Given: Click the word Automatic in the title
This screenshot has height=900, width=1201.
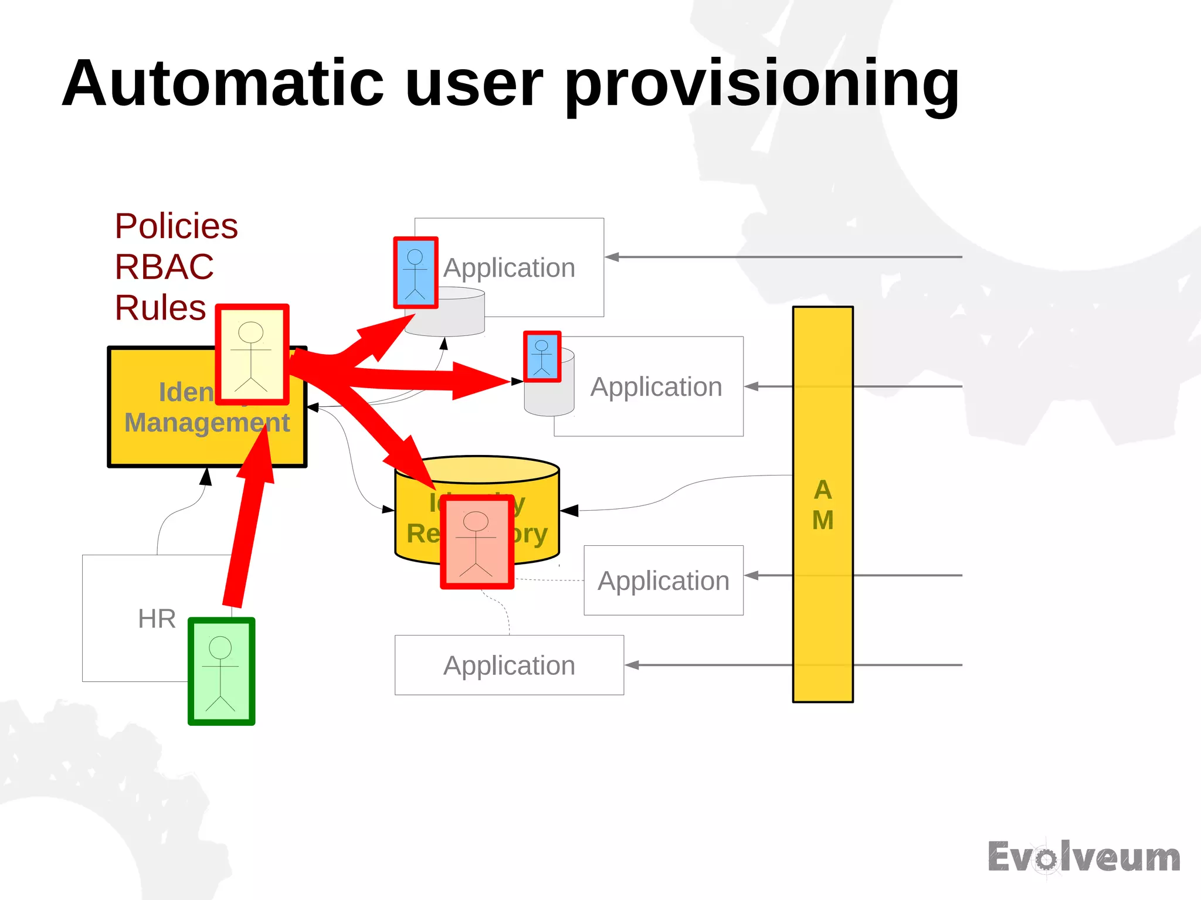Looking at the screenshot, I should click(x=223, y=83).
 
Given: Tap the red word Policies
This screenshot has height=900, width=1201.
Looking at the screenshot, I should click(x=176, y=226).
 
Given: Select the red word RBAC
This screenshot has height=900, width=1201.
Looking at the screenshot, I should click(x=164, y=267).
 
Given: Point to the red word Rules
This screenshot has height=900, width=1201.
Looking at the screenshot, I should click(x=160, y=308).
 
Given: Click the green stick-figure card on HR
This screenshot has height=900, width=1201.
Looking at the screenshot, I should click(x=221, y=671).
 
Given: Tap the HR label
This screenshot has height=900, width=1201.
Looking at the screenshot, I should click(x=157, y=619).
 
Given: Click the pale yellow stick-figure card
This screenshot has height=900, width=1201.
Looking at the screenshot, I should click(x=252, y=354).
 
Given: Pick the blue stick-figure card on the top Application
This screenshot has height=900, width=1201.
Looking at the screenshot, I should click(x=416, y=273).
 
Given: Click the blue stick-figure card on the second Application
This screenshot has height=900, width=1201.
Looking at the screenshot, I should click(x=542, y=356).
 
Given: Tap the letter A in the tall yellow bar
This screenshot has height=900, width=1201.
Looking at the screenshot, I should click(x=823, y=490).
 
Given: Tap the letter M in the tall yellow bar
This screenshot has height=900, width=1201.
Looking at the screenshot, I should click(x=823, y=520).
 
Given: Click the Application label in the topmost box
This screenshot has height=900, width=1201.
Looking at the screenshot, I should click(x=509, y=268).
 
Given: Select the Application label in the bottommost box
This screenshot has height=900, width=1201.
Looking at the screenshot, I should click(x=509, y=665).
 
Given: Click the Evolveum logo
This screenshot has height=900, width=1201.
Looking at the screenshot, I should click(x=1084, y=858).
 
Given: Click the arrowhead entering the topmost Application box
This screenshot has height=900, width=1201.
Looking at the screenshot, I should click(x=612, y=257).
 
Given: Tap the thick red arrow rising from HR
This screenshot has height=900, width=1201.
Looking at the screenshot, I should click(x=246, y=528).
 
